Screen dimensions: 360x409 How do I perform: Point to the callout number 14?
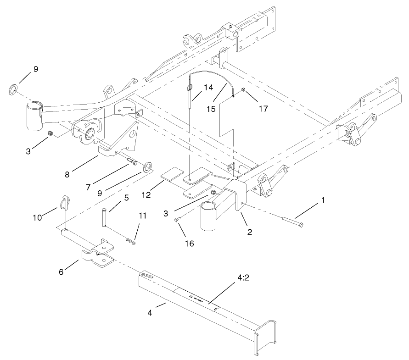[x=208, y=87]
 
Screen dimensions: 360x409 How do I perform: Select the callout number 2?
[x=250, y=232]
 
